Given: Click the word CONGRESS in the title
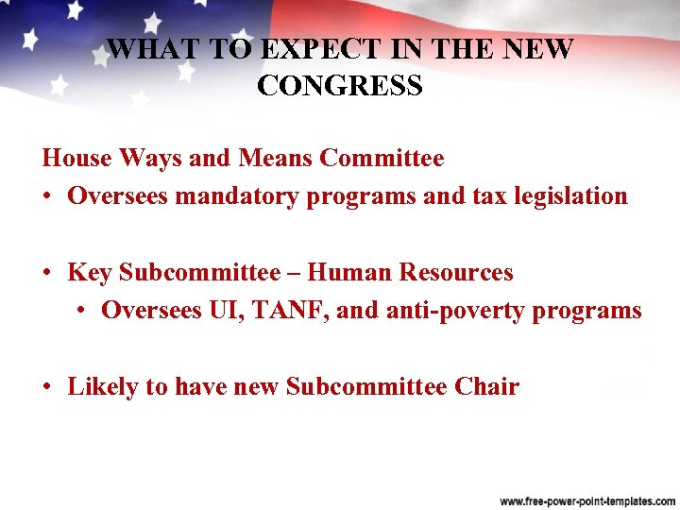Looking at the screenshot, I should [339, 86].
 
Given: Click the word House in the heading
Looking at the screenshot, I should [76, 158].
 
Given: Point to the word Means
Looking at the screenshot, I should [274, 158].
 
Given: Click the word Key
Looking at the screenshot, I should [90, 273].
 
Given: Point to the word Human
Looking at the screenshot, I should [349, 273].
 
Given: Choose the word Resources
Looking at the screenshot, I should [456, 273].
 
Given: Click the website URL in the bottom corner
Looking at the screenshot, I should [585, 500].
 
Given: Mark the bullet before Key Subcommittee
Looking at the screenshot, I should [45, 274].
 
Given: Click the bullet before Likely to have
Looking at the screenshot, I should [45, 388].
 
